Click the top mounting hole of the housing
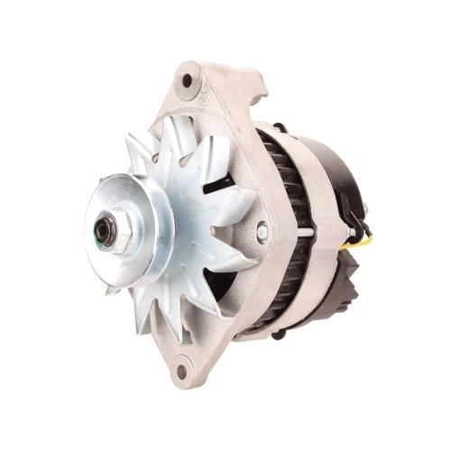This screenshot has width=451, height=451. tap(187, 80)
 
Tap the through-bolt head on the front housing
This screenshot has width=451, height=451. tap(262, 232)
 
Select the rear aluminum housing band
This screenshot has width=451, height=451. tap(316, 225)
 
